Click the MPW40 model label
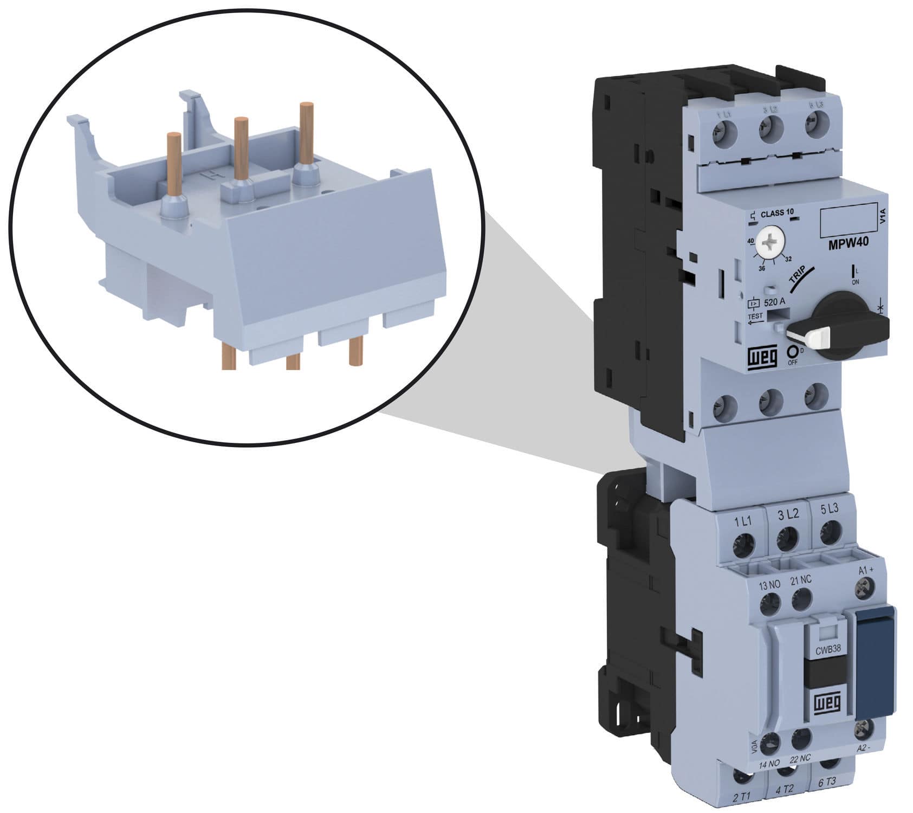(848, 243)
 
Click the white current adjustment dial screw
(770, 244)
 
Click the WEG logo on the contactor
(826, 703)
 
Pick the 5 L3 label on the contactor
(830, 508)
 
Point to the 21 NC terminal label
(801, 580)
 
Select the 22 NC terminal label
(800, 773)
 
